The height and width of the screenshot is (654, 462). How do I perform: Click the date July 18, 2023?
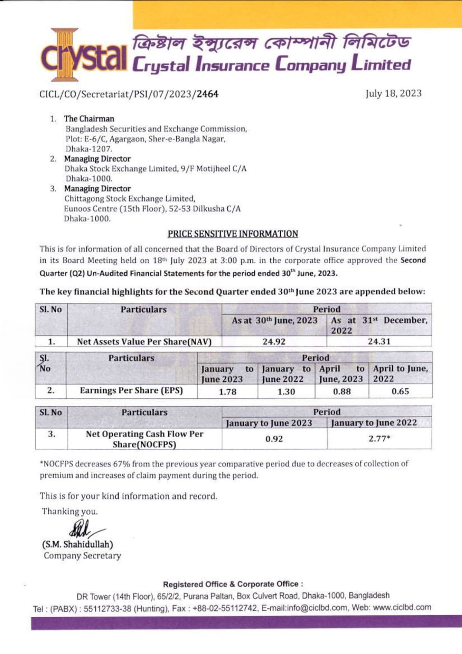coord(393,94)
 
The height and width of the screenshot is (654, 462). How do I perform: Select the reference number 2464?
coord(207,94)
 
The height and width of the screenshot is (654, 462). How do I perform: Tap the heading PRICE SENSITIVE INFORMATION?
coord(233,234)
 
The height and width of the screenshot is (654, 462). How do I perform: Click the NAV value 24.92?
coord(274,341)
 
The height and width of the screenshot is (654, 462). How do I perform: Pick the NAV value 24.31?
coord(379,341)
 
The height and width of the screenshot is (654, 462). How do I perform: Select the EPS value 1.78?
coord(227,392)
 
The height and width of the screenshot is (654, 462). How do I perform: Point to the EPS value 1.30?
coord(286,392)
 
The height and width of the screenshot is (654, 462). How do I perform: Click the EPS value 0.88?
coord(342,392)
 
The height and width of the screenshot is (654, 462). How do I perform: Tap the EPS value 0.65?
coord(400,392)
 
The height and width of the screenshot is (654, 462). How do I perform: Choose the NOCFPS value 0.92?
coord(274,439)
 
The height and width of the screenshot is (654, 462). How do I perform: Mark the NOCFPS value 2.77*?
coord(379,439)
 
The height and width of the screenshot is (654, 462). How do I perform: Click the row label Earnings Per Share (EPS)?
coord(131,390)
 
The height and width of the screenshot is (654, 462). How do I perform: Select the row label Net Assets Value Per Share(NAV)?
coord(144,342)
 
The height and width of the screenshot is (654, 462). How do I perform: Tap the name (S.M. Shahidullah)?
coord(77,544)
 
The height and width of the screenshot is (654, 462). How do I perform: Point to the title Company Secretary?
coord(82,556)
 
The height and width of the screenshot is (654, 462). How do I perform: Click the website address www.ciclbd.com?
coord(402,607)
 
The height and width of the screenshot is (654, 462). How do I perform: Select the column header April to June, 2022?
coord(400,374)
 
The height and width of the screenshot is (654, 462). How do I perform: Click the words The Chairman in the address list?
coord(89,119)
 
